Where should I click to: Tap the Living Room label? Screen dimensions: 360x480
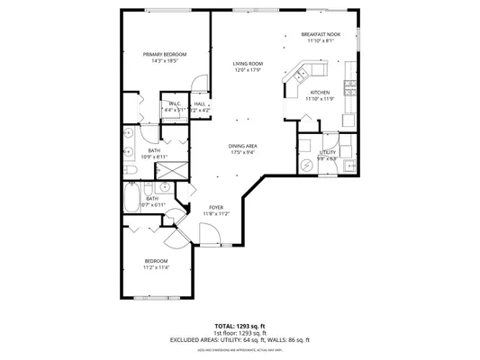(x=248, y=64)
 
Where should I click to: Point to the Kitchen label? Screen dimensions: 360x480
(x=320, y=93)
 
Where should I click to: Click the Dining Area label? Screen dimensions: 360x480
(x=243, y=146)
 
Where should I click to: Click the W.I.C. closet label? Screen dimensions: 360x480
(x=174, y=104)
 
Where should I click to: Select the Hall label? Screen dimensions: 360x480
(x=199, y=104)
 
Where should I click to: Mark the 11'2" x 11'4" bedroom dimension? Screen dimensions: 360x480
(x=156, y=267)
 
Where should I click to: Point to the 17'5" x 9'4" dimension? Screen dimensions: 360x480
(x=243, y=152)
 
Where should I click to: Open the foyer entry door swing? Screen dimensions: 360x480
(x=209, y=236)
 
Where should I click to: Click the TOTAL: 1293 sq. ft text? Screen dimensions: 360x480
(x=240, y=325)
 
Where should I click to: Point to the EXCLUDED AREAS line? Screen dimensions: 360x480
(x=240, y=339)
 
